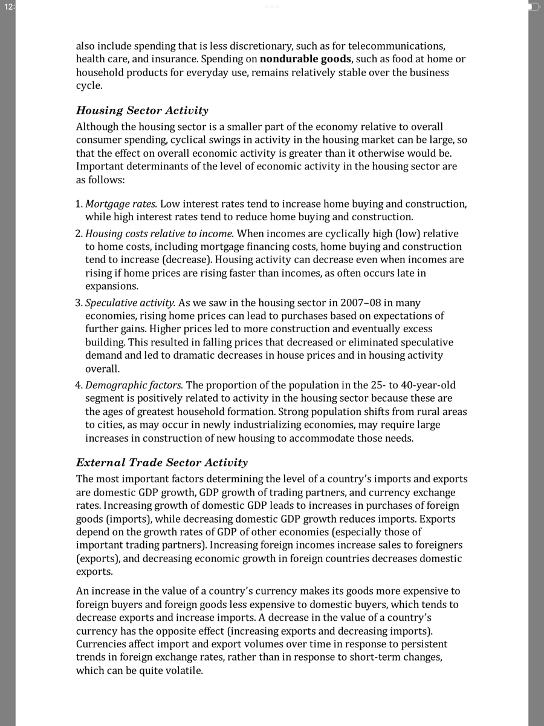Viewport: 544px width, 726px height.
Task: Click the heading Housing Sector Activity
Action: point(142,111)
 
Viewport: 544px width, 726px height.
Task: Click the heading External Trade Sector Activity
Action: point(162,463)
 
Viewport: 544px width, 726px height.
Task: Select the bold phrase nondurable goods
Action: point(305,59)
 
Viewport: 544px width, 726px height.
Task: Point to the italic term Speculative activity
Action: point(130,302)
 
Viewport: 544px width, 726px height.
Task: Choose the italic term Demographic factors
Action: point(134,385)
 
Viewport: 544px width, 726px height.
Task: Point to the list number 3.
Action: point(79,302)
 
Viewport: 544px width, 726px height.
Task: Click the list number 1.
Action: point(79,204)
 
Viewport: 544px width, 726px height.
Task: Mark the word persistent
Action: point(424,644)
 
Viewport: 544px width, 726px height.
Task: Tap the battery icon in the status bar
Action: point(533,7)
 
